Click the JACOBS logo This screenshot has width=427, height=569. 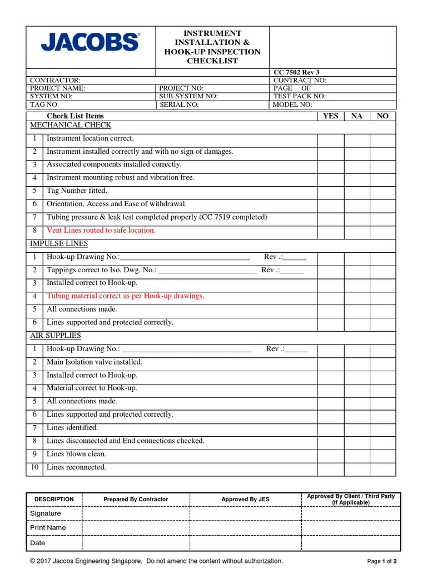90,42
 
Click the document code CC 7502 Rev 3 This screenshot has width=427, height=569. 296,72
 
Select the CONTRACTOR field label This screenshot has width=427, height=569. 55,81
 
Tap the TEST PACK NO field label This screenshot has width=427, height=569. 300,96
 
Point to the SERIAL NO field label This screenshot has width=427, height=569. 179,104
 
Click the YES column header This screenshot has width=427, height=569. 330,116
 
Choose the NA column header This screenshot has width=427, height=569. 357,116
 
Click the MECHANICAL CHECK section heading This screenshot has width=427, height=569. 71,125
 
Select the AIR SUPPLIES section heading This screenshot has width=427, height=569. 56,336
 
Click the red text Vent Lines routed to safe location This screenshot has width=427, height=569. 101,230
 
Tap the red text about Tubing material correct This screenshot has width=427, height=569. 125,296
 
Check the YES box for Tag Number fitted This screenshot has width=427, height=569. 330,191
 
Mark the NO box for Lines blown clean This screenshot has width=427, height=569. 383,454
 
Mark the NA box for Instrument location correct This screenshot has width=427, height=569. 357,138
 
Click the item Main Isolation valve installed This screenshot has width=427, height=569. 94,362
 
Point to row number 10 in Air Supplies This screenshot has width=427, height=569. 34,467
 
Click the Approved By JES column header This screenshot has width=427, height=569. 245,500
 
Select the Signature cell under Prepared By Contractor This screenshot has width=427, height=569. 136,513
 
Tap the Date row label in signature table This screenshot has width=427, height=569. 38,543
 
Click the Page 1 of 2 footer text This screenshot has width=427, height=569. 382,561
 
